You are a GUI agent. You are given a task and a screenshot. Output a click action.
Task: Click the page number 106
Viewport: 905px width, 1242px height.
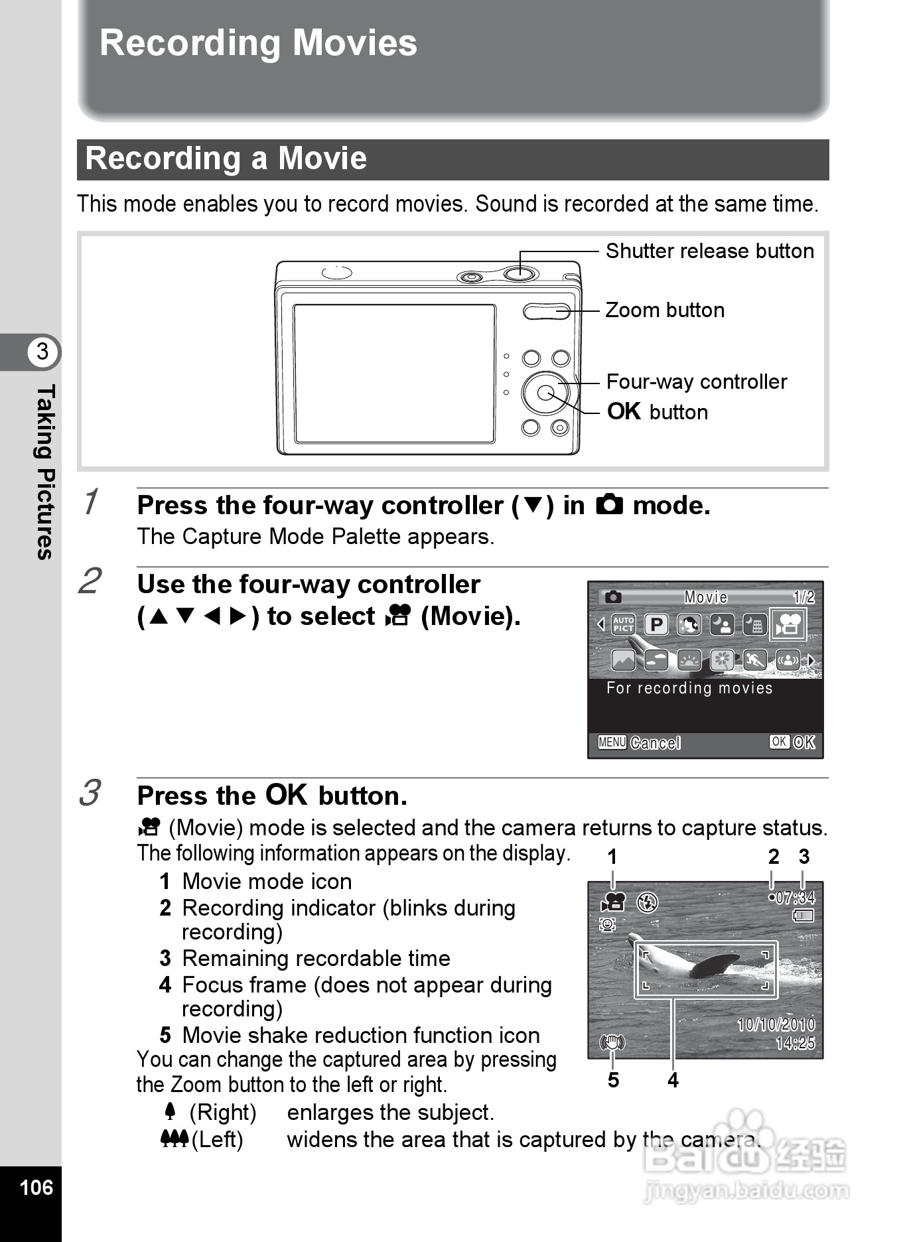click(36, 1187)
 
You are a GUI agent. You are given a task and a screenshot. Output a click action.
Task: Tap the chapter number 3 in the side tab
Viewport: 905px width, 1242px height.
click(42, 351)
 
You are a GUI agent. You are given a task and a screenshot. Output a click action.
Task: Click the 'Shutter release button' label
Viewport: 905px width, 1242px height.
click(709, 251)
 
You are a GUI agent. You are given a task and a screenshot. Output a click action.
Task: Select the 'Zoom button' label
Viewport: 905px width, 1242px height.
click(665, 310)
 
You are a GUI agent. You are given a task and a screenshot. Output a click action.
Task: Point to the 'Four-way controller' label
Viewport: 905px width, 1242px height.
click(697, 381)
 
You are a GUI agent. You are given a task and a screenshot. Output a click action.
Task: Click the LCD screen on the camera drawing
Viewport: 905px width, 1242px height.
click(394, 373)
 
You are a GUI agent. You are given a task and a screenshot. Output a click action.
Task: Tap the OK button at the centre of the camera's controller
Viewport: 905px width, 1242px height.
click(545, 393)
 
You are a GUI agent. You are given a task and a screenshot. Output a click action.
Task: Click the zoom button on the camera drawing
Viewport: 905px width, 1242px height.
click(545, 310)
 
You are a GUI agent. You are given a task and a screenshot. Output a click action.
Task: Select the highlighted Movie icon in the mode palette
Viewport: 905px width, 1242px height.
click(788, 624)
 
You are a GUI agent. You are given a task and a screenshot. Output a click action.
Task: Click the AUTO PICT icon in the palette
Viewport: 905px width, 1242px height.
click(623, 624)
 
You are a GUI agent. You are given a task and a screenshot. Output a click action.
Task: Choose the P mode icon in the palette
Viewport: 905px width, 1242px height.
click(656, 624)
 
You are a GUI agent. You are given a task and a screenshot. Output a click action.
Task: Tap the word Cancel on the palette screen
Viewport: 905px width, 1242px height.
click(655, 742)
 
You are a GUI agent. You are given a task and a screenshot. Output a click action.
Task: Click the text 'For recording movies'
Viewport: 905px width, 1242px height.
click(689, 688)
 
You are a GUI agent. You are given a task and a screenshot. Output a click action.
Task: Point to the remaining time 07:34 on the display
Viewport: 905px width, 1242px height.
click(795, 898)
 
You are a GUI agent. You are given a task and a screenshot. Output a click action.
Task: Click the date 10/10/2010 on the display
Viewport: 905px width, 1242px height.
click(776, 1024)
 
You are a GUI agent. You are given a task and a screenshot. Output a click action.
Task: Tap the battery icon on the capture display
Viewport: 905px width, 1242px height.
click(803, 916)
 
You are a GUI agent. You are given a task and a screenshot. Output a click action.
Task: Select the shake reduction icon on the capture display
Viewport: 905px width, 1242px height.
click(612, 1042)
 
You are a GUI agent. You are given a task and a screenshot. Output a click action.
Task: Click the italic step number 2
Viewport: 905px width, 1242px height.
click(90, 581)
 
